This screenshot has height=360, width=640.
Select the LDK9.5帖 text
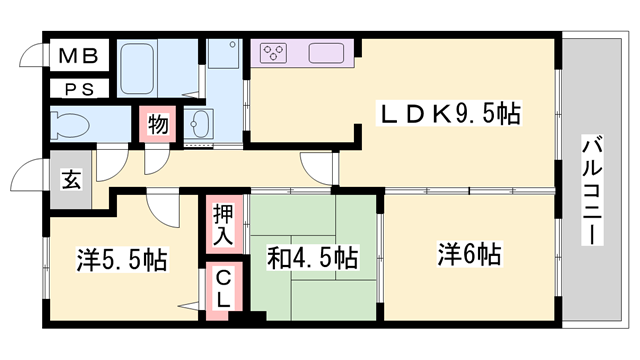(x=447, y=113)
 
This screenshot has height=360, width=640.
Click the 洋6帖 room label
(x=468, y=255)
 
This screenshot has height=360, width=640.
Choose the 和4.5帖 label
(x=312, y=257)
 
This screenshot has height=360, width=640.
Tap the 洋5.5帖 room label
(x=121, y=261)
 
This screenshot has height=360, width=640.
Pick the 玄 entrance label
(x=72, y=180)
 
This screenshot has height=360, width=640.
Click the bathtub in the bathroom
(x=147, y=67)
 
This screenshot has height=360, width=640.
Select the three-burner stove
(x=275, y=53)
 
